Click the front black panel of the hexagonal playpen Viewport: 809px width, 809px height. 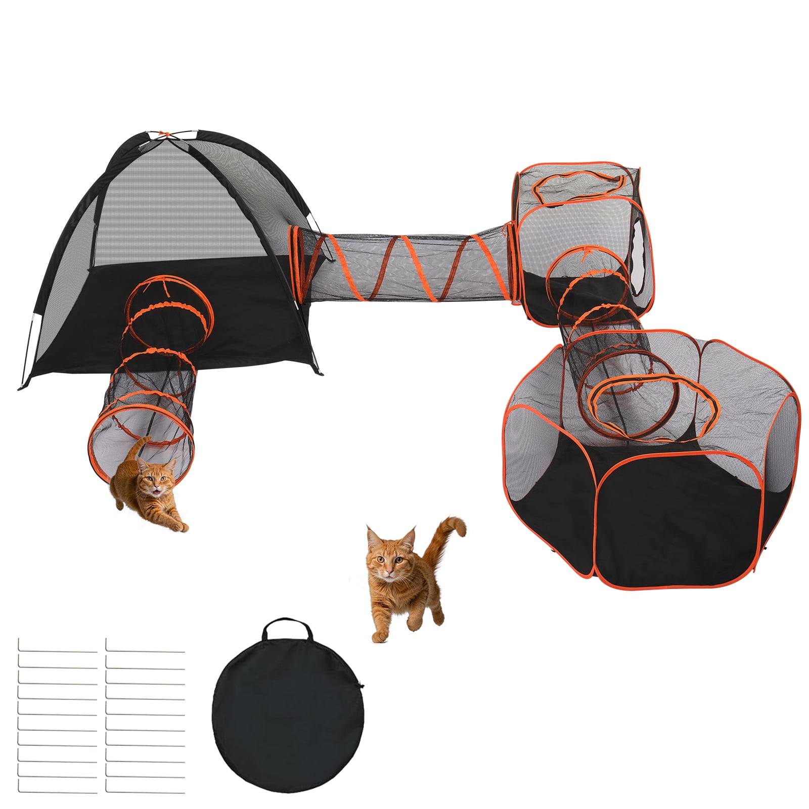click(x=678, y=536)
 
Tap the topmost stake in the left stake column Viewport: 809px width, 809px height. click(x=57, y=652)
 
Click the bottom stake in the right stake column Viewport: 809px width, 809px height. click(x=145, y=791)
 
